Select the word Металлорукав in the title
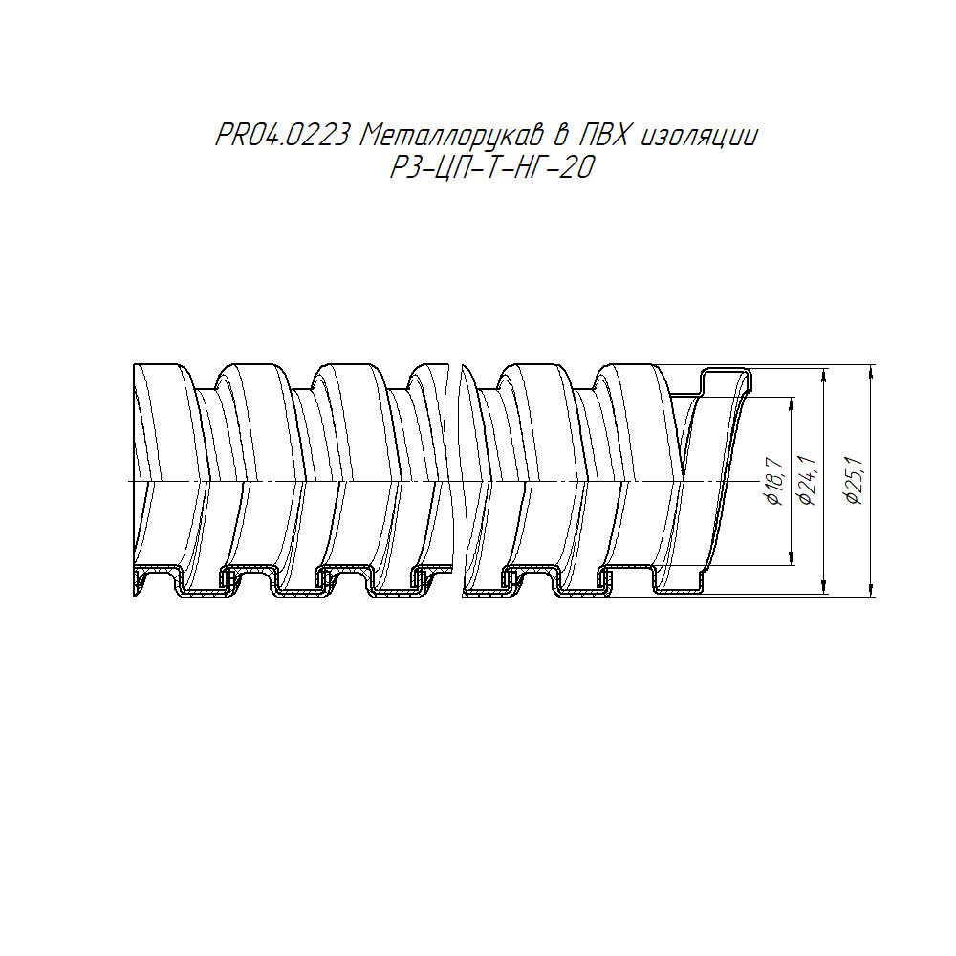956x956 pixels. [451, 136]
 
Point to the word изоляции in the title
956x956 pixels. [700, 137]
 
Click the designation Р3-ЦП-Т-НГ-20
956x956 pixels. [491, 167]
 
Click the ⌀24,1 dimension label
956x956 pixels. [807, 481]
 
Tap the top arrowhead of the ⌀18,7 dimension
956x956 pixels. [792, 403]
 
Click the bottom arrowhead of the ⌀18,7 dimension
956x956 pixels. [792, 558]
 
